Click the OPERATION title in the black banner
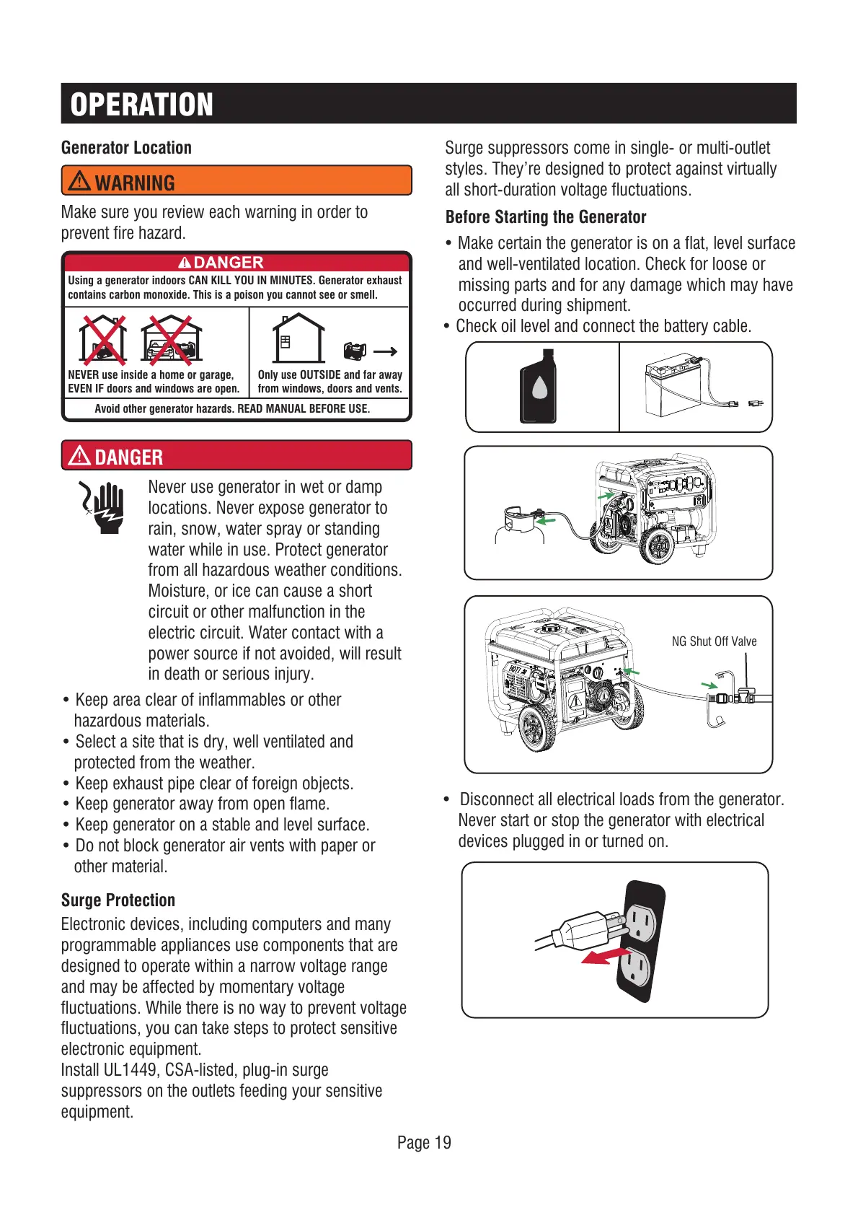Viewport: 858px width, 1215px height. click(142, 105)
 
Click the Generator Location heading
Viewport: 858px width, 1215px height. click(126, 148)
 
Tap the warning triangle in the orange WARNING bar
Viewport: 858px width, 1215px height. click(79, 180)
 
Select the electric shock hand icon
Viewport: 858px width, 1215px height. click(103, 507)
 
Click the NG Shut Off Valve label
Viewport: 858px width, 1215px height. click(714, 641)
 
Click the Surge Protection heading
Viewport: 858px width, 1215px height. click(118, 900)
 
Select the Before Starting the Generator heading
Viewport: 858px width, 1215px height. click(546, 217)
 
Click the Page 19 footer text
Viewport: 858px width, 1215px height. click(424, 1143)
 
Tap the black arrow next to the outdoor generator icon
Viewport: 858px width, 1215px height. click(385, 351)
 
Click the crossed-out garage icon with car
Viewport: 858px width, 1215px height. click(172, 339)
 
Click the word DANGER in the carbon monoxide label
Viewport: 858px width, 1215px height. click(228, 263)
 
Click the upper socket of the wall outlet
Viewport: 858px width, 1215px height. click(641, 922)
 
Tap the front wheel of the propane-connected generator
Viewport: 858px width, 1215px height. click(658, 546)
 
